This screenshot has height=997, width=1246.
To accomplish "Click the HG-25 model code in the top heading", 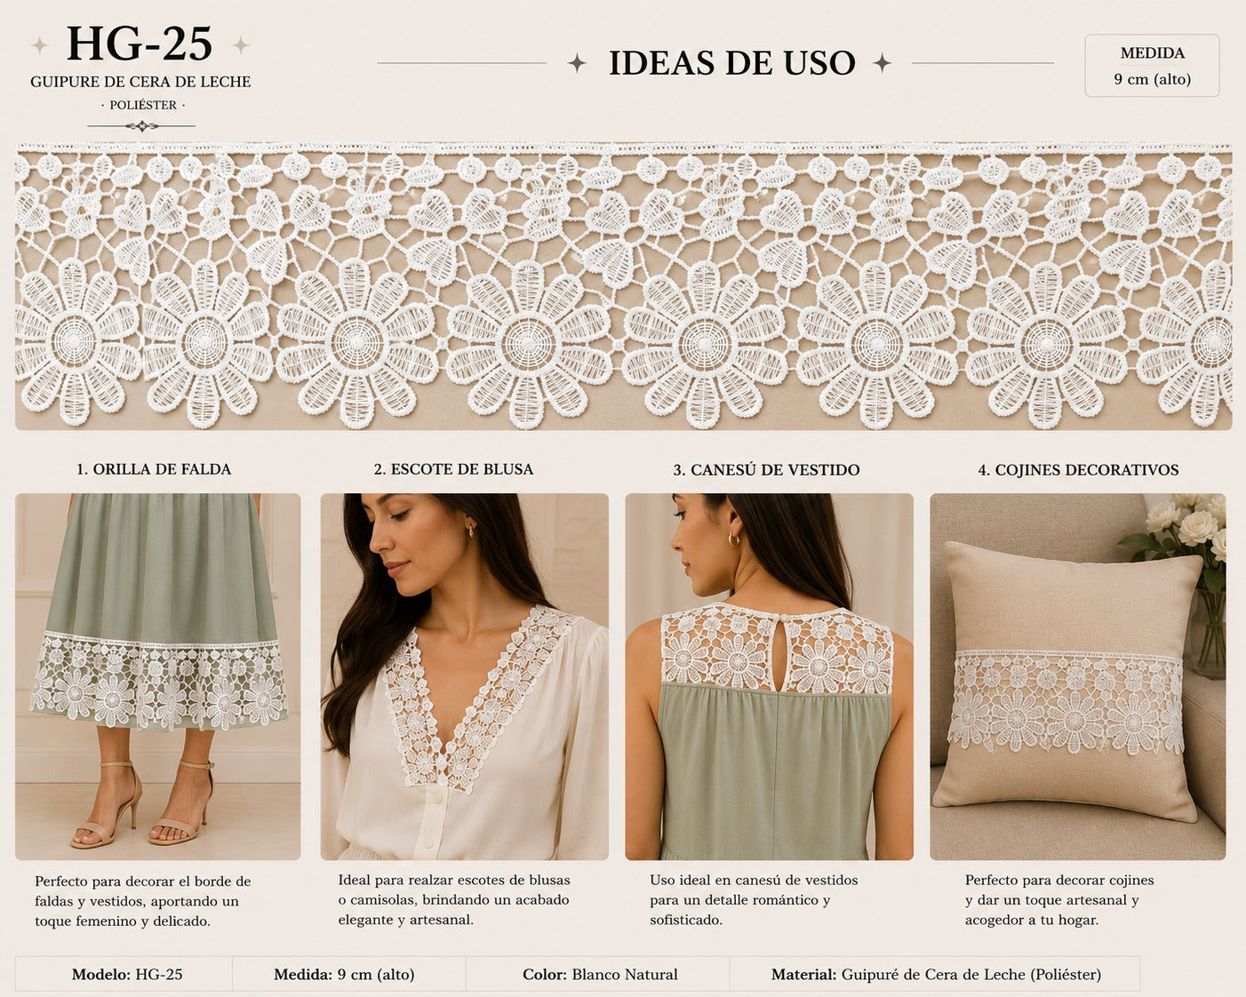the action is pos(140,44).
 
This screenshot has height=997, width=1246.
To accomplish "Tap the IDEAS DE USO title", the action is pos(731,63).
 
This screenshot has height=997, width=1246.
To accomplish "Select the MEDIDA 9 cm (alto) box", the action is pos(1152,66).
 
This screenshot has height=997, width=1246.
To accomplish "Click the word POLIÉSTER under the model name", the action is pos(143,105).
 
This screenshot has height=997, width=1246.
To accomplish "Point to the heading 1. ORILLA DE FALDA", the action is pos(154,469).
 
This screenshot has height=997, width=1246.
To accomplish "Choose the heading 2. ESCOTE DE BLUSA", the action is pos(453,469).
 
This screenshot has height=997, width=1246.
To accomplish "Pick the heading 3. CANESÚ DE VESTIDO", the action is pos(766,469).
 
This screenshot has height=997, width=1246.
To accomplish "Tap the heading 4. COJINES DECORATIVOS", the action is pos(1078,469).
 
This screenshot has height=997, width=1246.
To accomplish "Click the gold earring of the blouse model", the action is pos(470,530).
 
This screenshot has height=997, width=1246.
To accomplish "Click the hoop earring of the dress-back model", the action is pos(733,538).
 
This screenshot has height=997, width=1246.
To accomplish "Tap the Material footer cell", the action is pos(935,975).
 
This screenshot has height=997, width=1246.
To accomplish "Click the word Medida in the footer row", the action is pos(303,975).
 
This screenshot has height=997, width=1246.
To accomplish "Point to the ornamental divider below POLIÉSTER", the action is pos(142,125).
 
